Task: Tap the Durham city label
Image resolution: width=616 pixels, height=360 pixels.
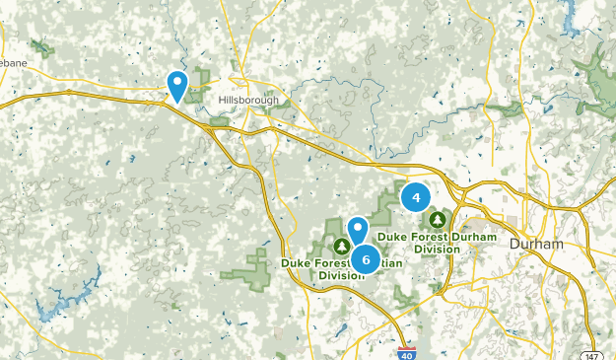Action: click(x=537, y=244)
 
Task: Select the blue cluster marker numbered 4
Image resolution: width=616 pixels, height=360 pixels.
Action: click(x=416, y=198)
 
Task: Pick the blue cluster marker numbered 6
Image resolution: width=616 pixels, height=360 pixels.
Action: click(x=367, y=259)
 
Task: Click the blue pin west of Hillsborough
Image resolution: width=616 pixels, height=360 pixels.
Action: click(x=177, y=85)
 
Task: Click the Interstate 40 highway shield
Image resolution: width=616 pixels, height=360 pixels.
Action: click(x=406, y=351)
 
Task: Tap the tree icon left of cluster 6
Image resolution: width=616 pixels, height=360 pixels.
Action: click(x=341, y=246)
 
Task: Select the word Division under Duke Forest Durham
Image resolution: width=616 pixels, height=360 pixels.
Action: click(x=437, y=250)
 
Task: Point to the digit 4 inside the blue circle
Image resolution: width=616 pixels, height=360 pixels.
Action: click(x=416, y=198)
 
